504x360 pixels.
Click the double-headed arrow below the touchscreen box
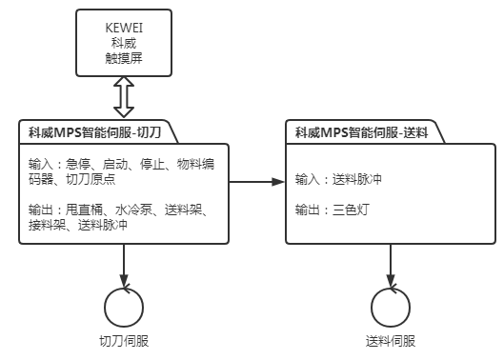(x=123, y=99)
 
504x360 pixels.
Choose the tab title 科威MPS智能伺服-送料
(x=359, y=132)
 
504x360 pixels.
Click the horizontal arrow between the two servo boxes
(x=257, y=180)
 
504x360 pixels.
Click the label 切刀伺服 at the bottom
(x=123, y=341)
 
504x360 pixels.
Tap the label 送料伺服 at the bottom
(x=391, y=341)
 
